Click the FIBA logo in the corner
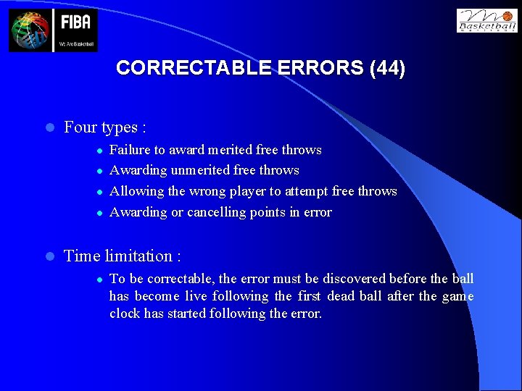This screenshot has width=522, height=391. [53, 30]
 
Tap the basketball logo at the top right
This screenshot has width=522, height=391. [486, 20]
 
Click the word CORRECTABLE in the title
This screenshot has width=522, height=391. [193, 68]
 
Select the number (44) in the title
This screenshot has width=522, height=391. [387, 68]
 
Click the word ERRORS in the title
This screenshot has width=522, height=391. [319, 68]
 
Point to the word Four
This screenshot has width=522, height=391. [80, 127]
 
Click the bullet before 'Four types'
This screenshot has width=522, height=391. [49, 128]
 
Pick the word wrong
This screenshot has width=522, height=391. [207, 191]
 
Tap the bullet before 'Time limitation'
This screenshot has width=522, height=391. [49, 256]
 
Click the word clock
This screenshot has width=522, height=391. [125, 314]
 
